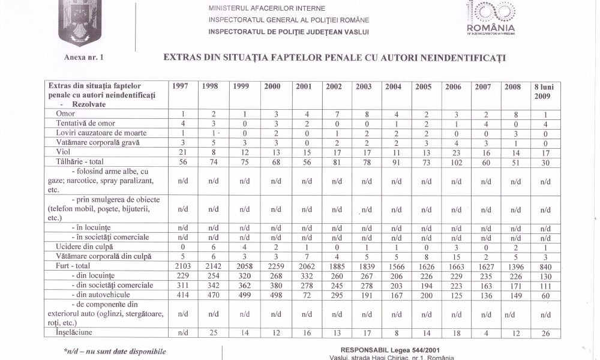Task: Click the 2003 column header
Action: pyautogui.click(x=364, y=86)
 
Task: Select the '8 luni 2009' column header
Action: pyautogui.click(x=544, y=91)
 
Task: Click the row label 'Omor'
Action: pyautogui.click(x=65, y=113)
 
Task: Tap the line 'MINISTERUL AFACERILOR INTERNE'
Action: pyautogui.click(x=267, y=9)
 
